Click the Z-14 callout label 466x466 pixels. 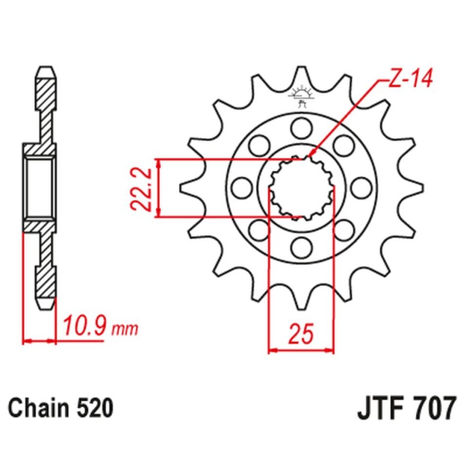408,81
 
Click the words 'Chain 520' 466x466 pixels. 60,408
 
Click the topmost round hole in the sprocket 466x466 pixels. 301,126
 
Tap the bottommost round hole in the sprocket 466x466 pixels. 301,248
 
